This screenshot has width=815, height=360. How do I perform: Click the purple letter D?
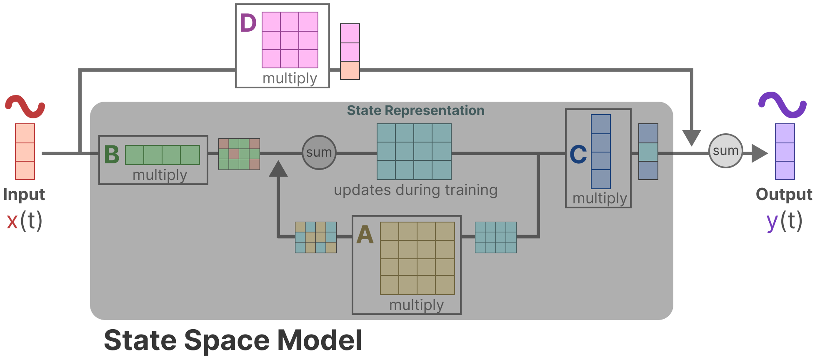[x=248, y=23]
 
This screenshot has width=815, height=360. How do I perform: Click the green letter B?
[x=112, y=155]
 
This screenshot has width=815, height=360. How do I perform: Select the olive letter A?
[x=365, y=235]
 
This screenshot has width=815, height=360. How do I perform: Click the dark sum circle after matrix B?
[x=319, y=152]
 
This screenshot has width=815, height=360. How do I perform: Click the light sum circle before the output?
[x=725, y=151]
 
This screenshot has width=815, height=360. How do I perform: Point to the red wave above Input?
[x=25, y=106]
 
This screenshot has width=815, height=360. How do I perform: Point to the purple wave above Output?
[x=782, y=105]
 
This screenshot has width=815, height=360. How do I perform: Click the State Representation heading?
[x=415, y=110]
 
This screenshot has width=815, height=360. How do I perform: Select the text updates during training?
[x=415, y=190]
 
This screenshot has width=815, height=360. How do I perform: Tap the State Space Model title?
[x=233, y=340]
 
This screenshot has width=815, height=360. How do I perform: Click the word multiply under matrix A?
[x=416, y=305]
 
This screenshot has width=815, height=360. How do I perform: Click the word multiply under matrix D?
[x=290, y=78]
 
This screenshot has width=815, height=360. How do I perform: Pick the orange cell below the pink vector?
[x=350, y=70]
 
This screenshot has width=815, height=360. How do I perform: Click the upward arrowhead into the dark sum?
[x=278, y=169]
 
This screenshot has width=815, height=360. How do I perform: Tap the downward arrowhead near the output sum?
[x=691, y=137]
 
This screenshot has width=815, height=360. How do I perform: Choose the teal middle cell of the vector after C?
[x=648, y=152]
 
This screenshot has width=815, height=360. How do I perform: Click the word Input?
[x=24, y=195]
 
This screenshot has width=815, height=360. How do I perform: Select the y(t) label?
[x=784, y=221]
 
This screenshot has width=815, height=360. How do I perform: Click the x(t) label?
[x=25, y=221]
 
